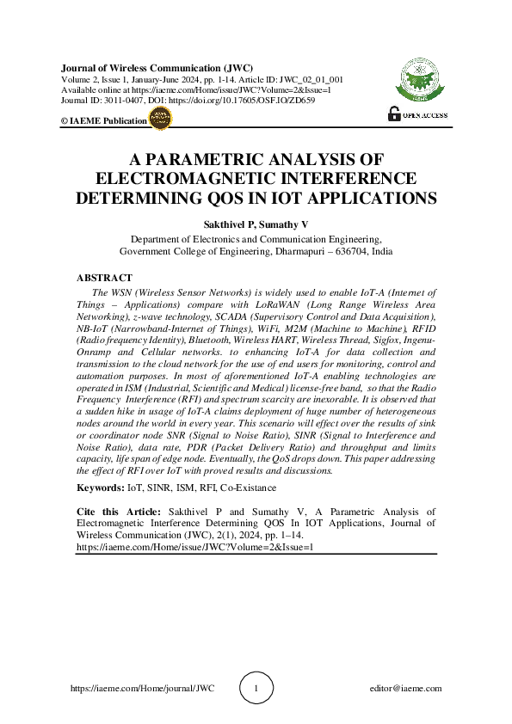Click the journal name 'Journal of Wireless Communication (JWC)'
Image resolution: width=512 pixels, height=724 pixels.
[x=143, y=66]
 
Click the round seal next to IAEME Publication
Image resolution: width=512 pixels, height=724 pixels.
[x=161, y=120]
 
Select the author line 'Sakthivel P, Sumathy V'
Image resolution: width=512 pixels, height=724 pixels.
[x=256, y=224]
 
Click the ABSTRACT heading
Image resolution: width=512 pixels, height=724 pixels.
[x=104, y=278]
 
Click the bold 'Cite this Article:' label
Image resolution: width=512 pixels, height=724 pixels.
[x=115, y=511]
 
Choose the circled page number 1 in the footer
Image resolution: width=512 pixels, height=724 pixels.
[x=256, y=688]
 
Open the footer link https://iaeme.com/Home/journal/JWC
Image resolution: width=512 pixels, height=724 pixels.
[x=141, y=689]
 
